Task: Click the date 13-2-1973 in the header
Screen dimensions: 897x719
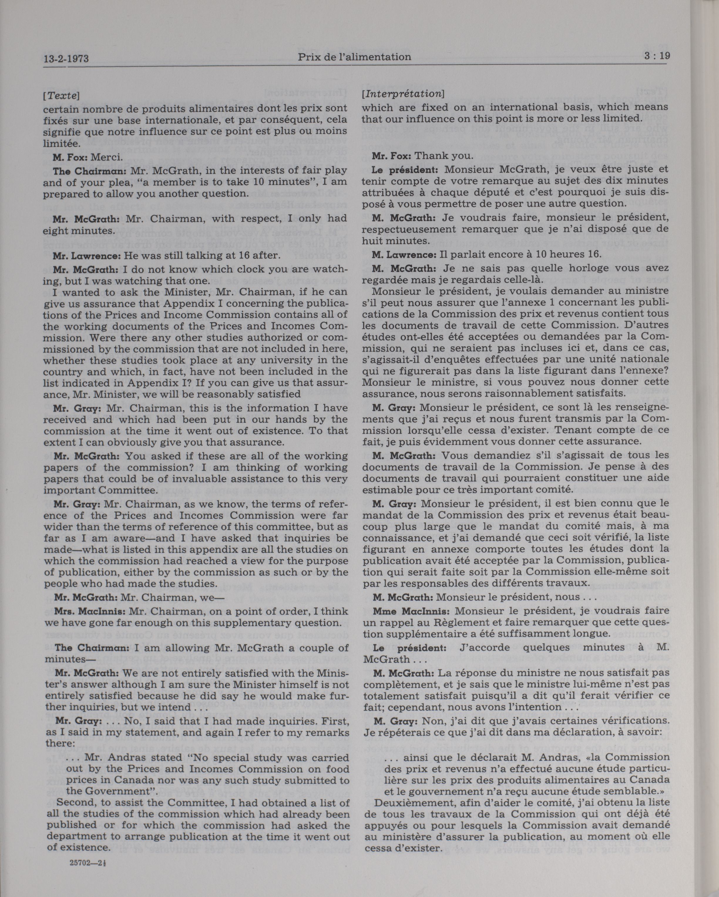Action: pos(66,58)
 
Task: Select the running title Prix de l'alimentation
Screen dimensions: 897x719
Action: pos(354,57)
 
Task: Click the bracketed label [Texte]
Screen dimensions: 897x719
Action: pos(61,95)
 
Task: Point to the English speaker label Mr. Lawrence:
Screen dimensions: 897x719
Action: pos(84,255)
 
